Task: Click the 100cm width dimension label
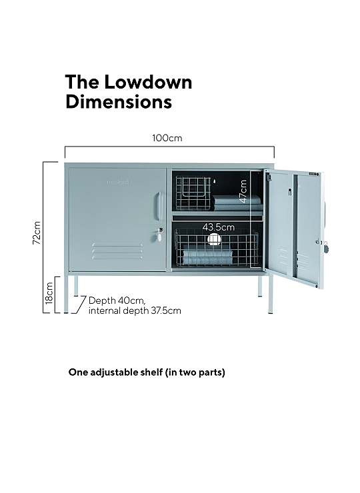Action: [x=167, y=138]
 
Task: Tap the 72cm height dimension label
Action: [x=37, y=233]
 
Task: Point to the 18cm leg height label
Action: [x=49, y=293]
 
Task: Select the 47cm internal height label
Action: [x=243, y=191]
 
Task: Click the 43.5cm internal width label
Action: [x=219, y=227]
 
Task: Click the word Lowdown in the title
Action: [x=148, y=82]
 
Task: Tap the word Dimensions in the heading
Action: [x=119, y=101]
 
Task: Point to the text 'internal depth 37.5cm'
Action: [x=135, y=310]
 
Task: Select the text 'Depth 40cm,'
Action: [x=117, y=300]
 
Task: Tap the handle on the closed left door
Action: [x=159, y=206]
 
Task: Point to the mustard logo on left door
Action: [x=118, y=182]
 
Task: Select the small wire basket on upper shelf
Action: [x=193, y=193]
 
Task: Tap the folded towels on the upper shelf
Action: [x=237, y=203]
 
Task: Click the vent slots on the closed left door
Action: [x=117, y=251]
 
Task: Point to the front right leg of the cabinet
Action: [x=271, y=294]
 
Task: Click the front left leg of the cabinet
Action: [x=66, y=294]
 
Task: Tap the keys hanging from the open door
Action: [x=325, y=246]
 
